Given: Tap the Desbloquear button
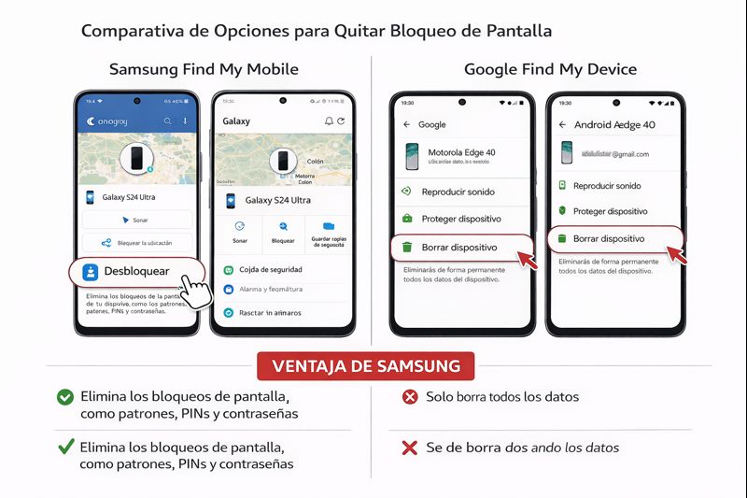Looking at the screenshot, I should pos(135,272).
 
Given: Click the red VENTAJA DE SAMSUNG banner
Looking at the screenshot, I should pos(365,365).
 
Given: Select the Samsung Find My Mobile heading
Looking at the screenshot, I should pos(204,69).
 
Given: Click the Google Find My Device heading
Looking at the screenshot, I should pos(550,69).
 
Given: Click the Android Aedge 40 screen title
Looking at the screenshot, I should pos(614,124).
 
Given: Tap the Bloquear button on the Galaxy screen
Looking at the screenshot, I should pos(282,232).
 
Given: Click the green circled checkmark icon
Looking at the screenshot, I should pos(65,397).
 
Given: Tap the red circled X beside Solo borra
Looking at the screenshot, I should pos(409,397).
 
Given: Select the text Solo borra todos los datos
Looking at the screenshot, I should pos(502,397).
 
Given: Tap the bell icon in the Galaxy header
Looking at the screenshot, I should pos(329,121).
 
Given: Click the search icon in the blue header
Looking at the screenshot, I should pos(167,121).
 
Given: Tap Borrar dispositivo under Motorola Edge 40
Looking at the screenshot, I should pos(458,248).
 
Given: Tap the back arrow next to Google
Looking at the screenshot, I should pos(406,124).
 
